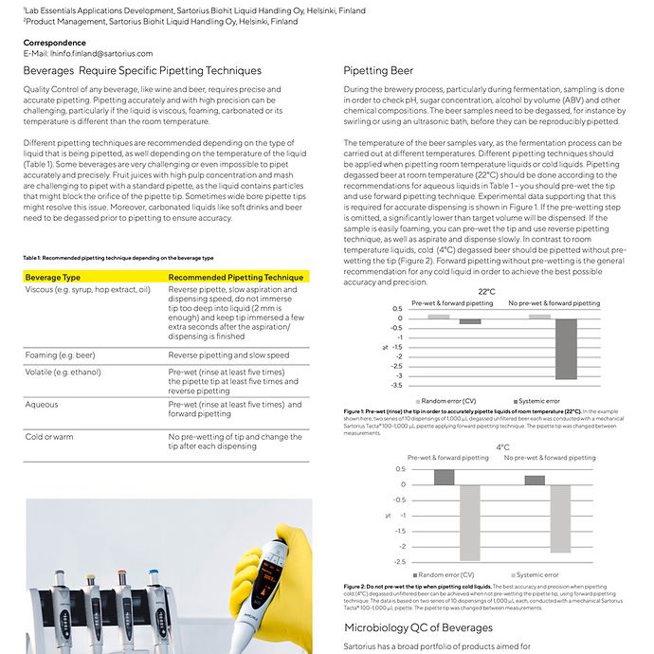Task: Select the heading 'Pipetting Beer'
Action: [378, 70]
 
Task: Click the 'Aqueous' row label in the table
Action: [43, 404]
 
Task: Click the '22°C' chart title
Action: [485, 292]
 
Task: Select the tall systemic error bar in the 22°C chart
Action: [566, 348]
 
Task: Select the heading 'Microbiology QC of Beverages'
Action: [418, 627]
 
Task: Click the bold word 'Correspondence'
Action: [54, 43]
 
